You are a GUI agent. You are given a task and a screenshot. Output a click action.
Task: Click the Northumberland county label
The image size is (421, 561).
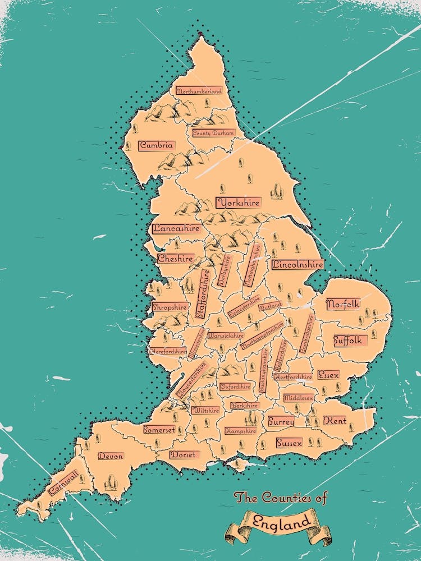pyautogui.click(x=199, y=91)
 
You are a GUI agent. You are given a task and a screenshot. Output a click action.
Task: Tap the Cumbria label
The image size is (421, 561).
pyautogui.click(x=157, y=145)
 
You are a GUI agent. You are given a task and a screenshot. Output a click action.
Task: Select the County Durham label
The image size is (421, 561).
pyautogui.click(x=213, y=134)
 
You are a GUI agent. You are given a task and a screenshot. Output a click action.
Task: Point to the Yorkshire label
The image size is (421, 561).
pyautogui.click(x=239, y=203)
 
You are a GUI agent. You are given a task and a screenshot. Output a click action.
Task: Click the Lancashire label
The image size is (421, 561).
pyautogui.click(x=176, y=229)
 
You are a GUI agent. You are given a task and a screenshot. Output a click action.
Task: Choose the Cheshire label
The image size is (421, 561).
pyautogui.click(x=176, y=259)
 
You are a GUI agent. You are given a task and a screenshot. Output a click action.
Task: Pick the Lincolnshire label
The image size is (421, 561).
pyautogui.click(x=298, y=264)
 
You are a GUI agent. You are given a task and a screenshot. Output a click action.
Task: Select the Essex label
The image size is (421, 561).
pyautogui.click(x=328, y=375)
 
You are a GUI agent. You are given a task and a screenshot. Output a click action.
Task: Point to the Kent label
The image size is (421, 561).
pyautogui.click(x=335, y=420)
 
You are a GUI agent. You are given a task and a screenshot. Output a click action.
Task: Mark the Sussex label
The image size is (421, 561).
pyautogui.click(x=290, y=443)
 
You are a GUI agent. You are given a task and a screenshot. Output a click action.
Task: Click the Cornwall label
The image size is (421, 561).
pyautogui.click(x=63, y=483)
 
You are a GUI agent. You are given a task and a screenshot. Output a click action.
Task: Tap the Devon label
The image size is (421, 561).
pyautogui.click(x=111, y=457)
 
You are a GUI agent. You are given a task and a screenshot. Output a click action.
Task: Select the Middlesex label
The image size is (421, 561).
pyautogui.click(x=298, y=398)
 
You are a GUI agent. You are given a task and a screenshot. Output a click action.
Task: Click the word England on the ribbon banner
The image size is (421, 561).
pyautogui.click(x=281, y=521)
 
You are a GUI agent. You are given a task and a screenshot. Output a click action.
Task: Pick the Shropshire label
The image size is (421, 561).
pyautogui.click(x=170, y=307)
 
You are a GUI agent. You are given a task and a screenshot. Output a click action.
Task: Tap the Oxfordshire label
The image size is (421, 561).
pyautogui.click(x=235, y=387)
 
